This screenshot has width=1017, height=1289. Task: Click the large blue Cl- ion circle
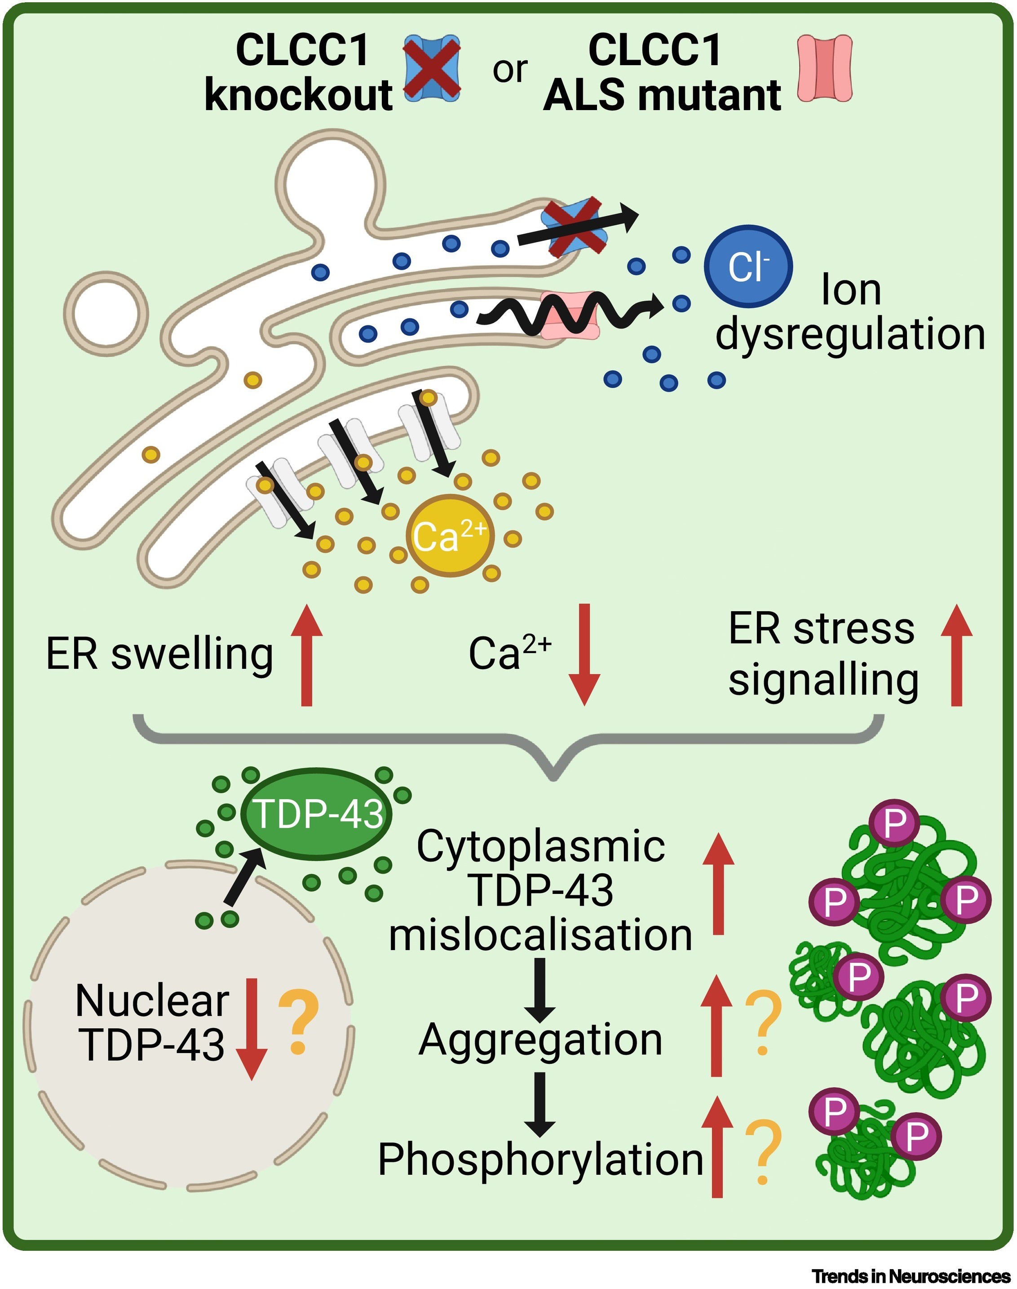[x=748, y=266]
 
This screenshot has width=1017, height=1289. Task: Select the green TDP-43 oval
[x=318, y=813]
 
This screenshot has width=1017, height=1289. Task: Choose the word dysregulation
[x=850, y=334]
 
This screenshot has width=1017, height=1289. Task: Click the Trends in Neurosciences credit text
[x=911, y=1276]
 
